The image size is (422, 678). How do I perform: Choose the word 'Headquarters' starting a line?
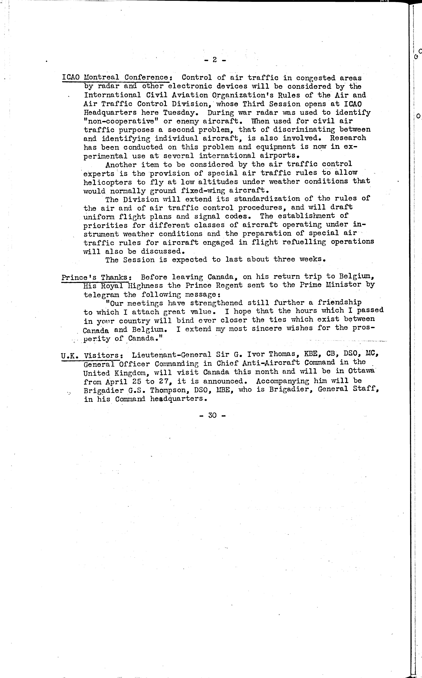[x=110, y=113]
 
